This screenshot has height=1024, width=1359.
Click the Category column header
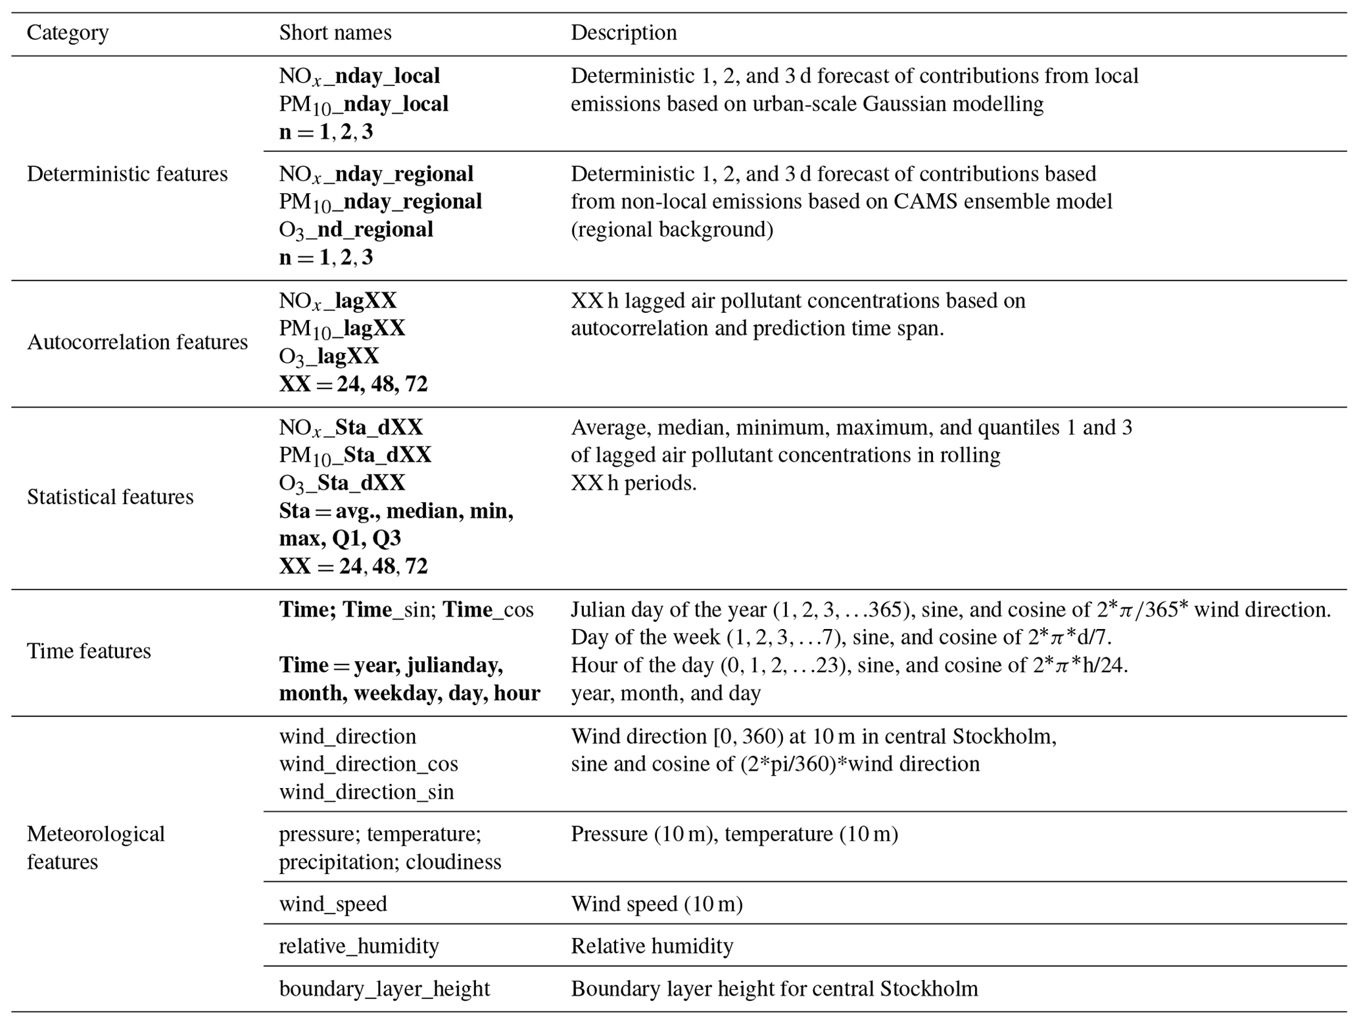click(x=68, y=33)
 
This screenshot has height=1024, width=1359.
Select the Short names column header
click(x=335, y=33)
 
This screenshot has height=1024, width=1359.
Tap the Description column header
click(x=623, y=33)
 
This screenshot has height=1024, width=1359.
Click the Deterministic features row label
click(x=127, y=174)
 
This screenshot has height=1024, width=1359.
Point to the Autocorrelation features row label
click(x=137, y=342)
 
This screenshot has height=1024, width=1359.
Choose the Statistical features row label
click(x=110, y=497)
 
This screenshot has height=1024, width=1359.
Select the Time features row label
click(x=89, y=651)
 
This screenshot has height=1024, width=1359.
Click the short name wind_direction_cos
click(x=368, y=764)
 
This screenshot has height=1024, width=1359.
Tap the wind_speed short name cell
click(x=333, y=904)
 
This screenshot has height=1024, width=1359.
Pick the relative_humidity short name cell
click(x=358, y=946)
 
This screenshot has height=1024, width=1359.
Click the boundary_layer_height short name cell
click(x=384, y=989)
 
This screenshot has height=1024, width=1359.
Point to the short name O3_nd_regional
click(x=356, y=230)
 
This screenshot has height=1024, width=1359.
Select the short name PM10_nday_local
click(x=364, y=105)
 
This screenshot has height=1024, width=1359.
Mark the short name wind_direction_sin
click(x=366, y=792)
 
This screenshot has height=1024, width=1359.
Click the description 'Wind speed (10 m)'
click(x=656, y=904)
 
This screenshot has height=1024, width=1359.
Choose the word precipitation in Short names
click(x=339, y=862)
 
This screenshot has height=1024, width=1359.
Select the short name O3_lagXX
click(x=329, y=357)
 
